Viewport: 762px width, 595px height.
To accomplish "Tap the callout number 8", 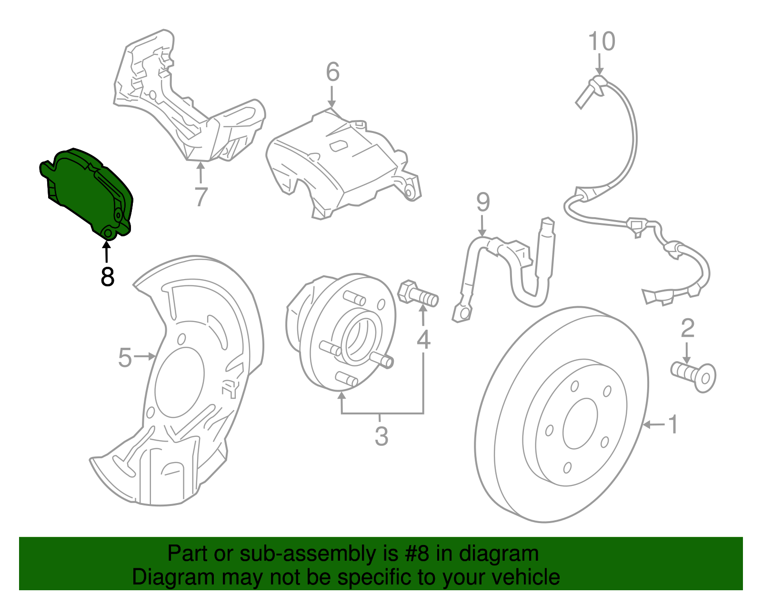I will coord(108,277).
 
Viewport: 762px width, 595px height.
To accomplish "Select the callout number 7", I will coord(201,197).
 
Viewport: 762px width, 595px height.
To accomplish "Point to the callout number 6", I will coord(332,72).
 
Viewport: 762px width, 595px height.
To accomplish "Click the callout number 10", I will coord(602,41).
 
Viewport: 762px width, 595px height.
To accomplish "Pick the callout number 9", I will coord(482,202).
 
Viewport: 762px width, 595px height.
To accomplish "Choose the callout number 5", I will coord(125,358).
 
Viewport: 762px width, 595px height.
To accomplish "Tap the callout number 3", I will coord(381,436).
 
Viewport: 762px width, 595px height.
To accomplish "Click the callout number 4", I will coord(423,340).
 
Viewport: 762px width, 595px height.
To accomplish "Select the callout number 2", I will coord(687,328).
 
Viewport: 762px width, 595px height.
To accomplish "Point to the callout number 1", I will coord(672,424).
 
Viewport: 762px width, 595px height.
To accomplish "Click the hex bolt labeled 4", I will coord(418,293).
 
